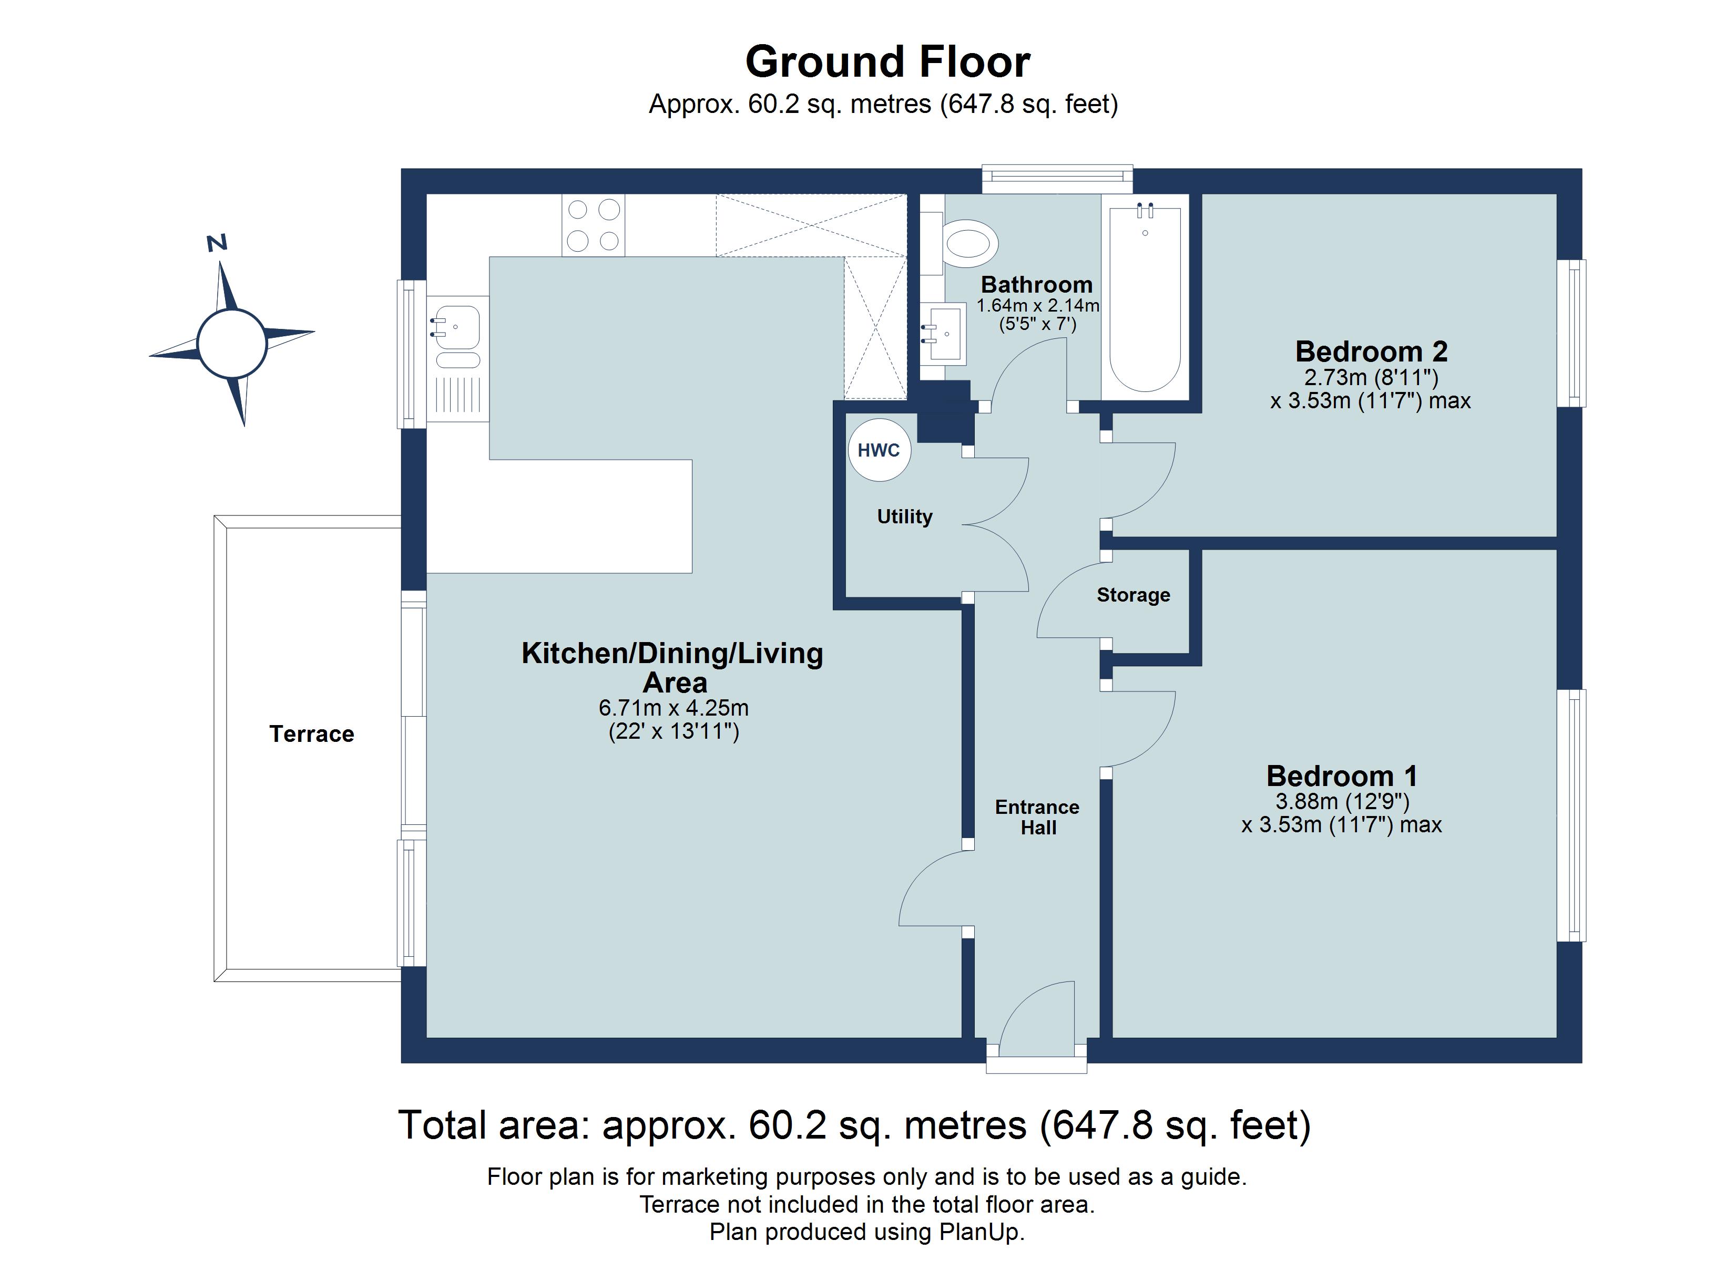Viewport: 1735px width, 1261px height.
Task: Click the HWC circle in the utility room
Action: pyautogui.click(x=879, y=450)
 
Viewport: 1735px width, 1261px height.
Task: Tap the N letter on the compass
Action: pyautogui.click(x=217, y=243)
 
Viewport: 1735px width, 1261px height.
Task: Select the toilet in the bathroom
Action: pyautogui.click(x=970, y=244)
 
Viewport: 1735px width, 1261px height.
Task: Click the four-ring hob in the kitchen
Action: pyautogui.click(x=593, y=225)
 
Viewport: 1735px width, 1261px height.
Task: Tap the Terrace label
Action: pyautogui.click(x=311, y=734)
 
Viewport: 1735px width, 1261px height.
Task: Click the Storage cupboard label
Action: pyautogui.click(x=1133, y=595)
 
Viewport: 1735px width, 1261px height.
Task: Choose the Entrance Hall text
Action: pyautogui.click(x=1037, y=818)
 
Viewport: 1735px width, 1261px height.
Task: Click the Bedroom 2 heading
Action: pyautogui.click(x=1371, y=351)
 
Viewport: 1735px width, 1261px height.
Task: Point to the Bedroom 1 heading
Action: pyautogui.click(x=1342, y=776)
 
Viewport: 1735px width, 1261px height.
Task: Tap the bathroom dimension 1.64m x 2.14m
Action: pyautogui.click(x=1037, y=306)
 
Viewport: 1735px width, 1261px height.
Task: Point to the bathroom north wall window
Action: pyautogui.click(x=1057, y=176)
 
